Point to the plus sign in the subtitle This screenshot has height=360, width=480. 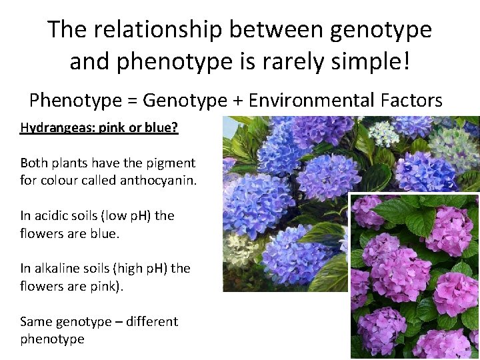[x=237, y=101]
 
